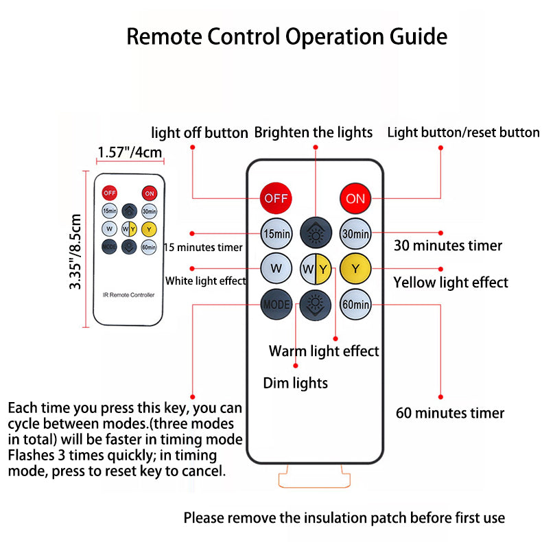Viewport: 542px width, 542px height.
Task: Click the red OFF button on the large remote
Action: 276,199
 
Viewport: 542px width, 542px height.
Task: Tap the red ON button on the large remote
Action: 355,199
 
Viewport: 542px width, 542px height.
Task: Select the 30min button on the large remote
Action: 355,234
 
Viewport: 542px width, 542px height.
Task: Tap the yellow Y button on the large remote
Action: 355,268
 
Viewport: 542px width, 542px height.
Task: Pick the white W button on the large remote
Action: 276,268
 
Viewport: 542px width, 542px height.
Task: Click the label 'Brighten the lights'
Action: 314,132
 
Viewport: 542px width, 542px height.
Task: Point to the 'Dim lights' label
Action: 296,383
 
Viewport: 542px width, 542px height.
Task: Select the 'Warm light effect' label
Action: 324,351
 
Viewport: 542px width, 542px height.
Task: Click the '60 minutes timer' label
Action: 450,413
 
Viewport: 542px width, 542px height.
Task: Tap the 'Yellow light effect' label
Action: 451,282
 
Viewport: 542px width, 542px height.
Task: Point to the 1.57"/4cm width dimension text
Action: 130,152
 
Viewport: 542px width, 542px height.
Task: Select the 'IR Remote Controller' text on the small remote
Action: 129,295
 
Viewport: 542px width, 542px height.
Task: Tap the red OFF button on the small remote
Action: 109,193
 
